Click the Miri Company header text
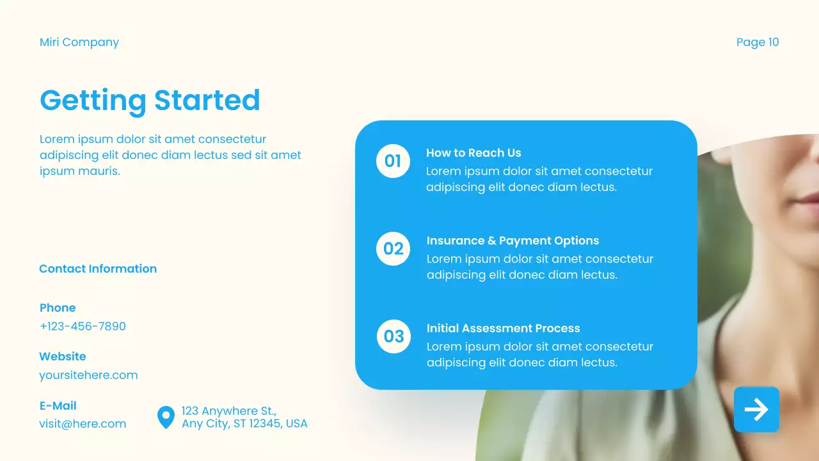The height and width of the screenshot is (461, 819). coord(79,42)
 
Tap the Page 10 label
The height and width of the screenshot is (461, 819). coord(758,42)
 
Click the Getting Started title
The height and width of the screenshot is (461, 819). coord(150,101)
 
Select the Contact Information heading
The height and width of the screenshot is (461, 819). coord(98,269)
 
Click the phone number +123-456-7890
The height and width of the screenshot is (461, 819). coord(83,326)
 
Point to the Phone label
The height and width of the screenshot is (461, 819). coord(58,308)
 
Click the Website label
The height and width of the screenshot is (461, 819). coord(63,357)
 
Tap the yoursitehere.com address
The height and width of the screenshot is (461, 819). coord(88,375)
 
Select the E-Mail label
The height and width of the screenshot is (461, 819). coord(58,406)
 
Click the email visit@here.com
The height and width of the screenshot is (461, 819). coord(83,424)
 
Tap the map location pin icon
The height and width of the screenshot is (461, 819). coord(166,417)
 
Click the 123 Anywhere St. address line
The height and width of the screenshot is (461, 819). coord(229,411)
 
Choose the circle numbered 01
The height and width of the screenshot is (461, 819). coord(393,161)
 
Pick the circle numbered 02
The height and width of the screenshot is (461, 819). coord(393,248)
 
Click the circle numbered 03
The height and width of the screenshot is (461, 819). coord(394,336)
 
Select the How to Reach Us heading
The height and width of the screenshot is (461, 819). coord(473,153)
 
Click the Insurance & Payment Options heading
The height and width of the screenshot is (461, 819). coord(513,241)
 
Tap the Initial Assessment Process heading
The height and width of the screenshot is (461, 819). coord(503,328)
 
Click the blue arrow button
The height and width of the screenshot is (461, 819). coord(756,409)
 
